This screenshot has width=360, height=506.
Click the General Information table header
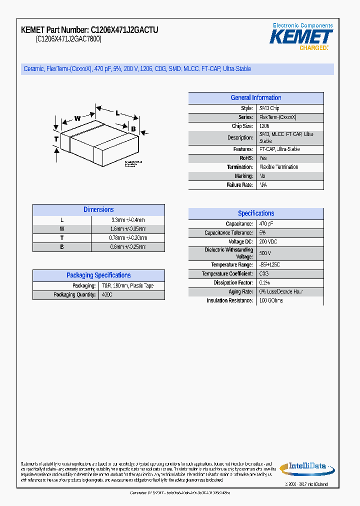click(x=255, y=98)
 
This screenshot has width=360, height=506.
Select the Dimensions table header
click(x=98, y=210)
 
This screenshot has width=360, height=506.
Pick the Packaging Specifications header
click(x=98, y=275)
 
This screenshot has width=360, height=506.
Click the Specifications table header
click(x=255, y=213)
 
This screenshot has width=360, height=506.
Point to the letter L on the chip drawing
click(x=117, y=113)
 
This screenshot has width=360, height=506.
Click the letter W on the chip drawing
click(x=77, y=118)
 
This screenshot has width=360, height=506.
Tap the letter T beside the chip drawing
click(x=56, y=138)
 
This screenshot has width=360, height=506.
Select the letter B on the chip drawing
click(x=133, y=129)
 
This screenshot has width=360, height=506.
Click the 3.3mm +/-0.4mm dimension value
click(x=128, y=220)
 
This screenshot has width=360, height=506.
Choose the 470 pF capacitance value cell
click(x=266, y=224)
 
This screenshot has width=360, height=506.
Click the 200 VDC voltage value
click(x=268, y=242)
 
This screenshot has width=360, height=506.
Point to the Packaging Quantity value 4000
click(x=107, y=295)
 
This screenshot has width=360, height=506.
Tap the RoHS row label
click(x=245, y=158)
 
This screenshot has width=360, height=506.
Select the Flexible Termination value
click(x=278, y=167)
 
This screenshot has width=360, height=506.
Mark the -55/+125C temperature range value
click(x=270, y=265)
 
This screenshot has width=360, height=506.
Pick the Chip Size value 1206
click(x=264, y=126)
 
